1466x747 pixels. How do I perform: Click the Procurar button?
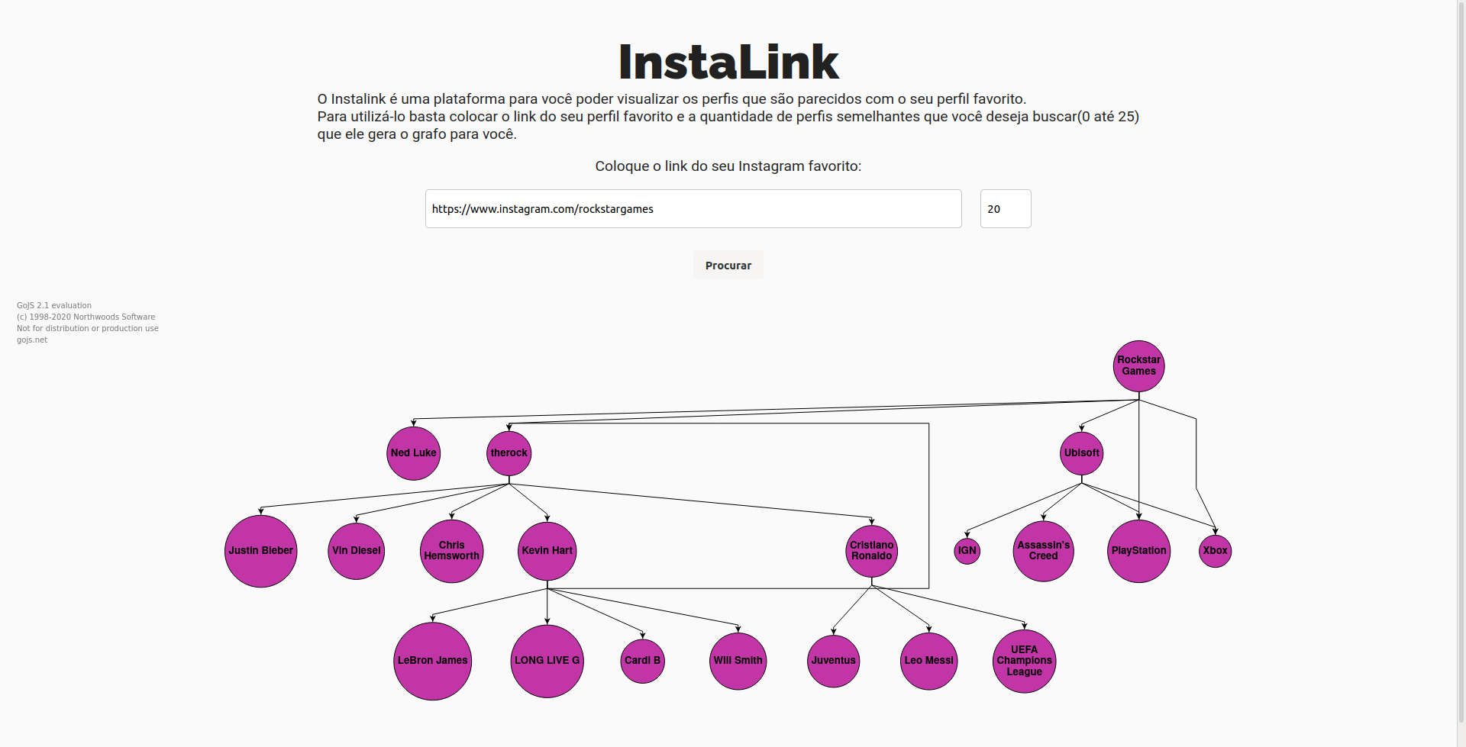click(x=728, y=266)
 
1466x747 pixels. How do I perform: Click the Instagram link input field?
click(x=693, y=209)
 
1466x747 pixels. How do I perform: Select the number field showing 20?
click(x=1005, y=209)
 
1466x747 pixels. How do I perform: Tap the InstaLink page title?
click(x=728, y=63)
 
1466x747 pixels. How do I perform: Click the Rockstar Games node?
click(x=1138, y=366)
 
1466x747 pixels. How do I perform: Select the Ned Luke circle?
click(x=413, y=453)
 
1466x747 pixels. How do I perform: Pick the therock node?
click(x=509, y=453)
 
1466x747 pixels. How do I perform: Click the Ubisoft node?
click(x=1081, y=453)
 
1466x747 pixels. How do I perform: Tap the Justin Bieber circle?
click(x=260, y=551)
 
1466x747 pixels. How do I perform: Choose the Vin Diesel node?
click(x=356, y=551)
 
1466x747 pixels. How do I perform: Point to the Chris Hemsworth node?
click(x=451, y=551)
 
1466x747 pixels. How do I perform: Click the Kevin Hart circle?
click(x=547, y=551)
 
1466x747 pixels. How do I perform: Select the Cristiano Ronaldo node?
click(x=871, y=551)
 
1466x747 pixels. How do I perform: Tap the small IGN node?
click(x=967, y=551)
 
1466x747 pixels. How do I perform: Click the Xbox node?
click(x=1215, y=551)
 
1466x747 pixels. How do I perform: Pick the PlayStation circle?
click(x=1138, y=551)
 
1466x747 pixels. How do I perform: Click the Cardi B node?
click(x=642, y=661)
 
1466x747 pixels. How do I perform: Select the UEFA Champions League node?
click(x=1024, y=661)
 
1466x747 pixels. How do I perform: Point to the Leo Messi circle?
click(x=928, y=661)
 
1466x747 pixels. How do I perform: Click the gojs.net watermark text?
click(x=32, y=340)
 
